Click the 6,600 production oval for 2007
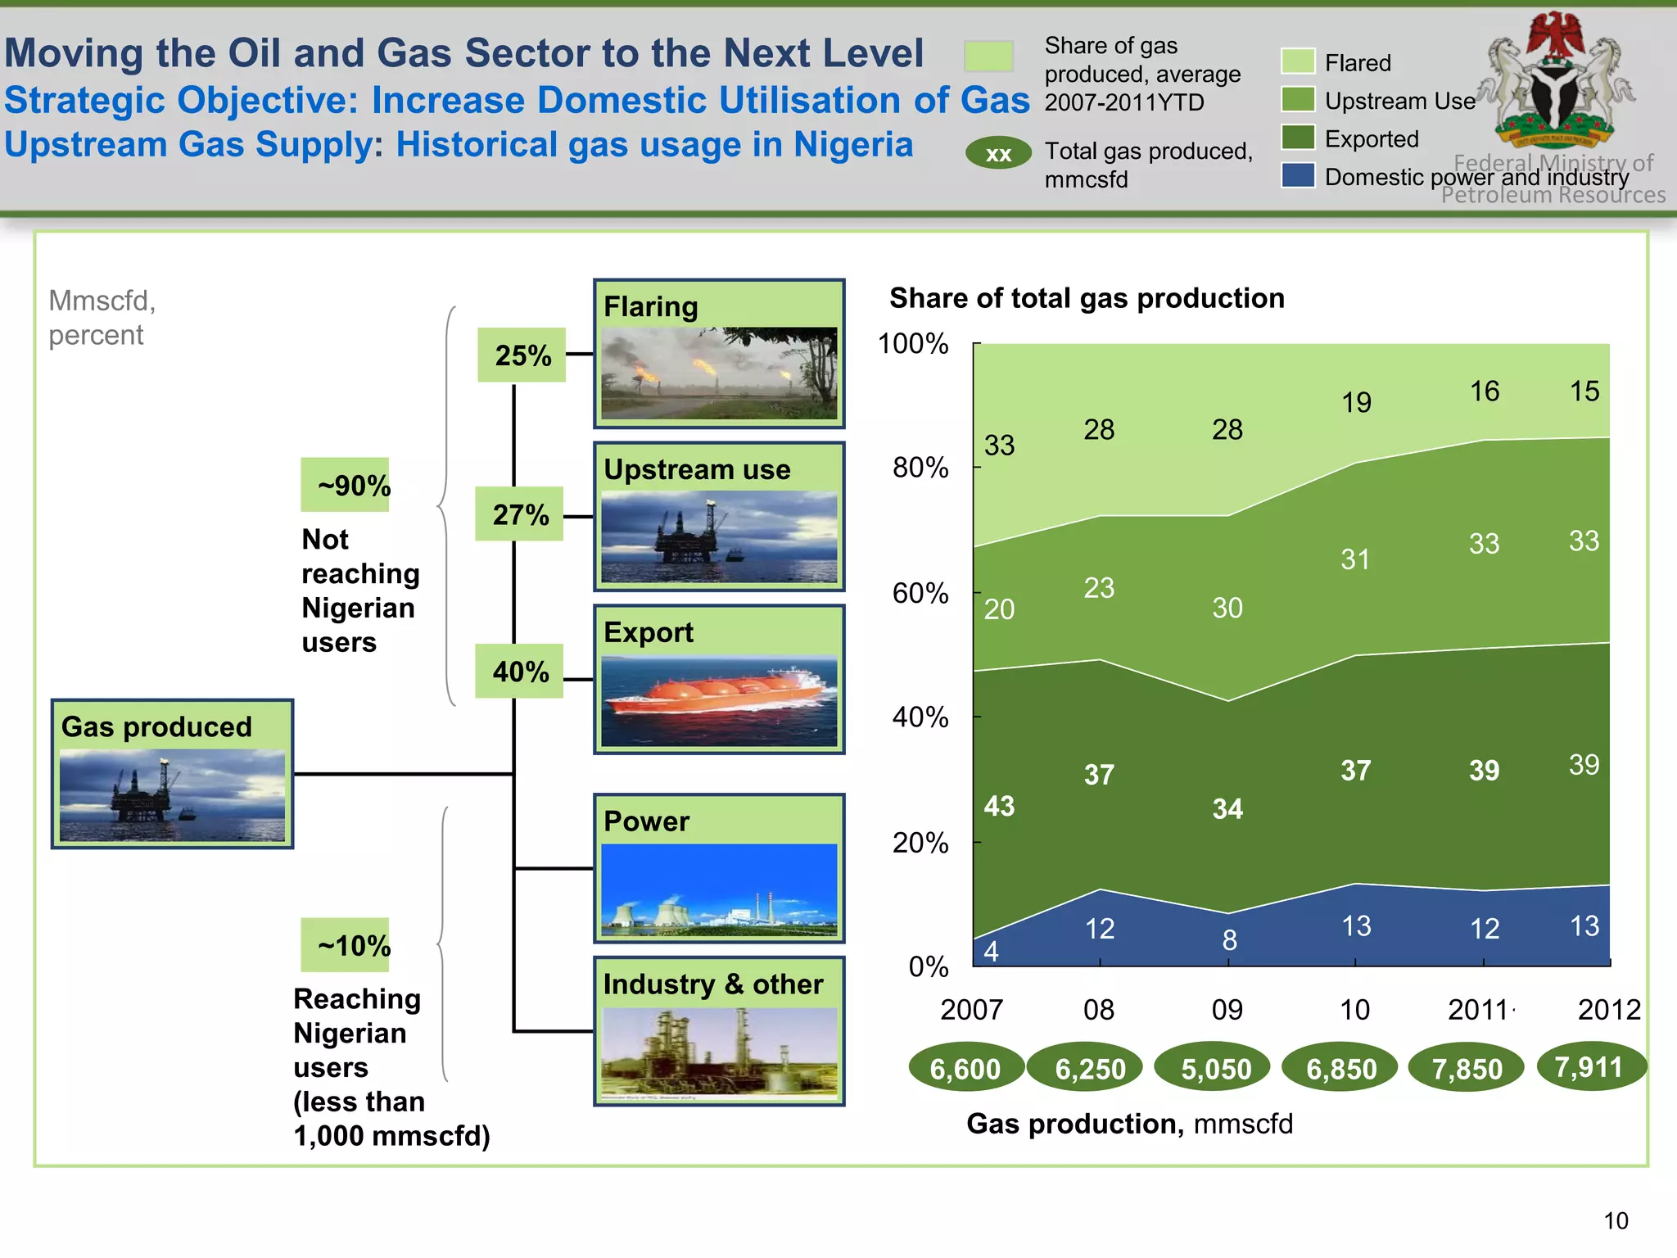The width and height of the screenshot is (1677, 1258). (965, 1069)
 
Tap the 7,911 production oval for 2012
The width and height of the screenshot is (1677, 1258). (1589, 1067)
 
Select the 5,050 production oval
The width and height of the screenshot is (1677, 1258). (1216, 1069)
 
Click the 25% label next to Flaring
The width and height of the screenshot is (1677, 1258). (522, 355)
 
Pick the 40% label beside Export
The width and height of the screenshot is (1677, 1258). (520, 672)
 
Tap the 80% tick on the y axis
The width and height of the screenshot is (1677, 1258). (921, 468)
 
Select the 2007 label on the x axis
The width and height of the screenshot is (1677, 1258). (971, 1010)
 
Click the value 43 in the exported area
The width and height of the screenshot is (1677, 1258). (999, 806)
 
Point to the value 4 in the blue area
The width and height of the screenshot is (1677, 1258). (991, 951)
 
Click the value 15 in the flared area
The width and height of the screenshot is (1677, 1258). (1584, 391)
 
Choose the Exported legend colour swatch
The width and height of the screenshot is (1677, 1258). (1299, 138)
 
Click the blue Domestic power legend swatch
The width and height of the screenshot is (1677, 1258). (1299, 175)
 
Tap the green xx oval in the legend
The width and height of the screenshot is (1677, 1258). (998, 154)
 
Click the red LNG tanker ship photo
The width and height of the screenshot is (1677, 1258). (719, 700)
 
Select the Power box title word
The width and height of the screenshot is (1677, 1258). (646, 821)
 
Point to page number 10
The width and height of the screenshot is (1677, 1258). (1616, 1220)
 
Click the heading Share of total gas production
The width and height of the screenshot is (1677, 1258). (1087, 298)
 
